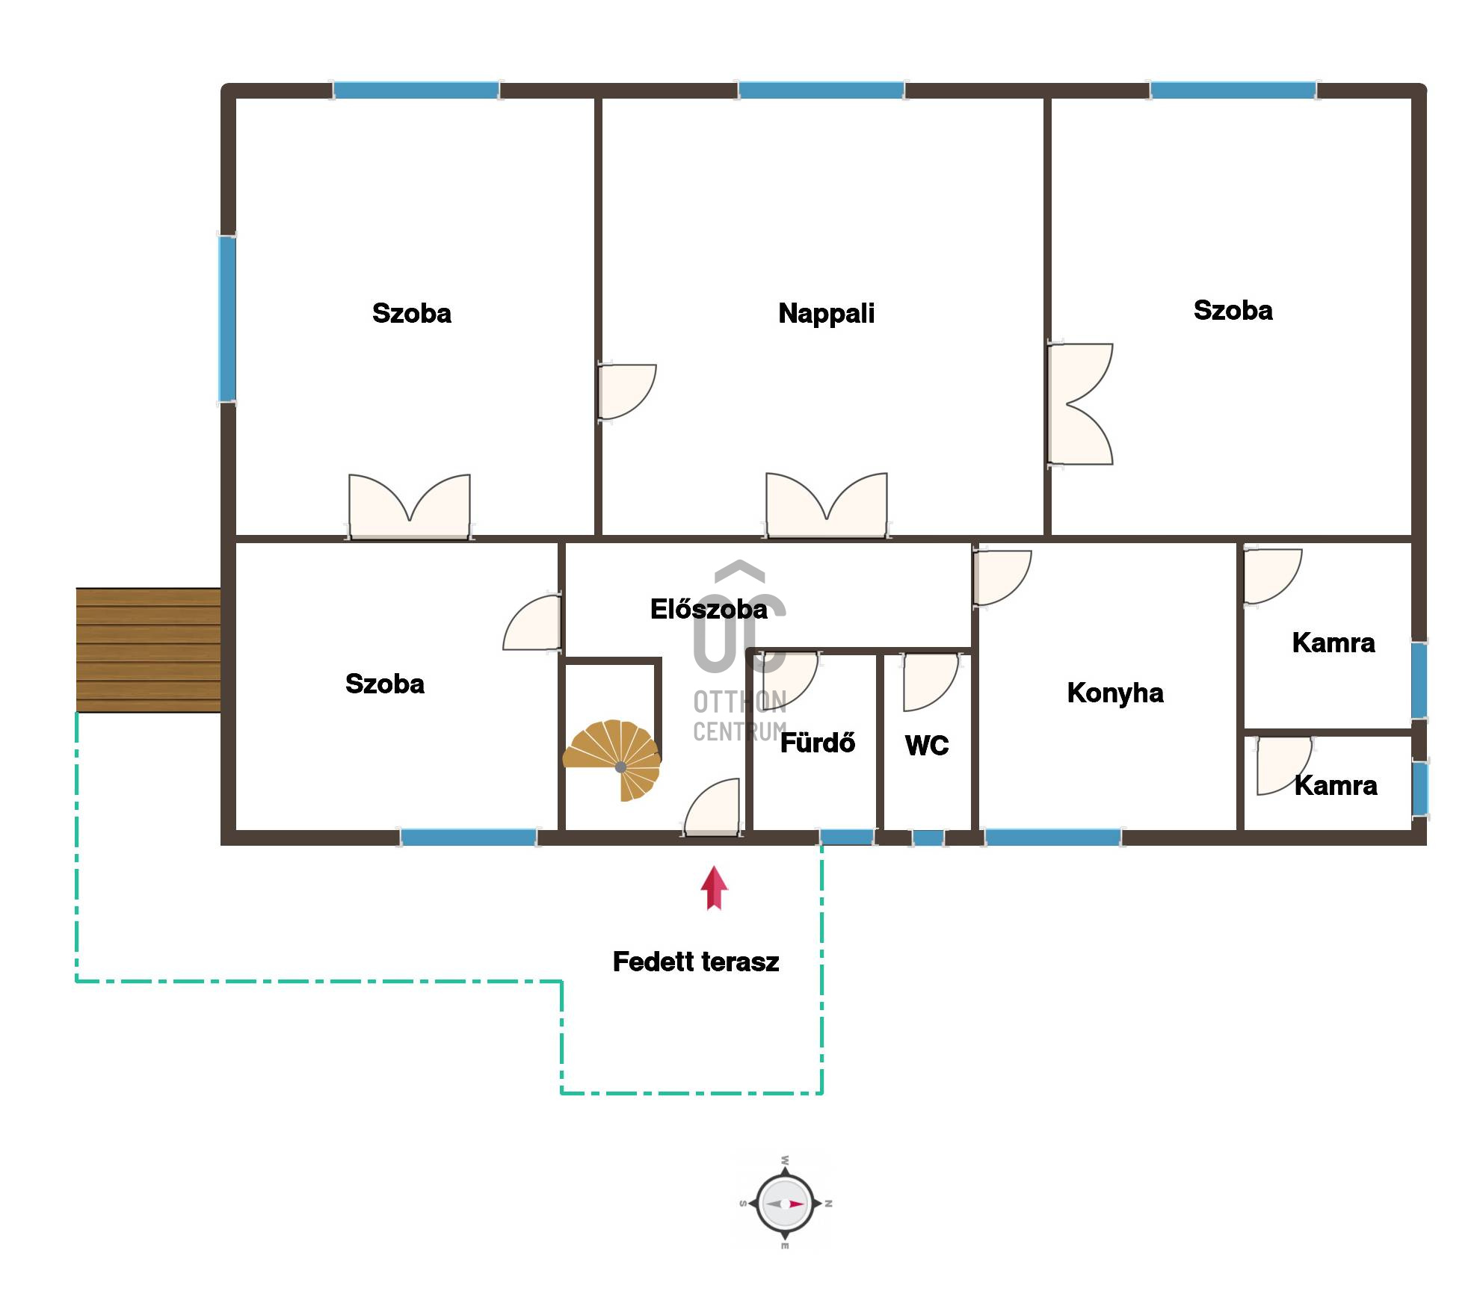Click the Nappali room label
826,313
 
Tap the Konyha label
1115,693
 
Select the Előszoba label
709,609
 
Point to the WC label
927,745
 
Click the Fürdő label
818,742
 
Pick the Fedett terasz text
696,962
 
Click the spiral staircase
613,760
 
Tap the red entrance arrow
714,888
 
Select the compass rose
785,1204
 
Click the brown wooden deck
148,650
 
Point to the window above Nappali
821,90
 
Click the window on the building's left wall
227,319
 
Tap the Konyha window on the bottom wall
1052,838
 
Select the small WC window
928,838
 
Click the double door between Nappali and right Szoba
1079,404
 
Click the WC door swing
931,682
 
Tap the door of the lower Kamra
1284,766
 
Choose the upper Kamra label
1333,643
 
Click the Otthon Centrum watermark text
740,716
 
